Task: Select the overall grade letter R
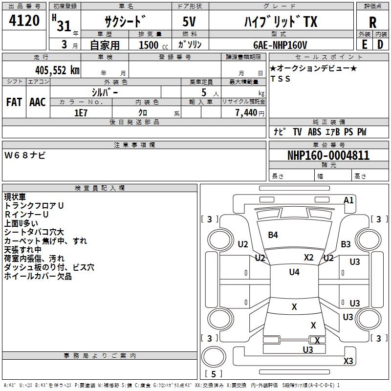[372, 22]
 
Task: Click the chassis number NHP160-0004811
[328, 155]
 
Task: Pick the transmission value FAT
[14, 102]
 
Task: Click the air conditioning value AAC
[38, 102]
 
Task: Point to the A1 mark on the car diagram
[348, 200]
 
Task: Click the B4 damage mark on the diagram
[273, 235]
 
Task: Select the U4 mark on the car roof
[294, 272]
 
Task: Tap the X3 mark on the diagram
[348, 361]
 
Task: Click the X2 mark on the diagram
[309, 257]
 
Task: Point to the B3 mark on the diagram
[346, 244]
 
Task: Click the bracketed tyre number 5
[214, 374]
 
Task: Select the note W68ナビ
[25, 155]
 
